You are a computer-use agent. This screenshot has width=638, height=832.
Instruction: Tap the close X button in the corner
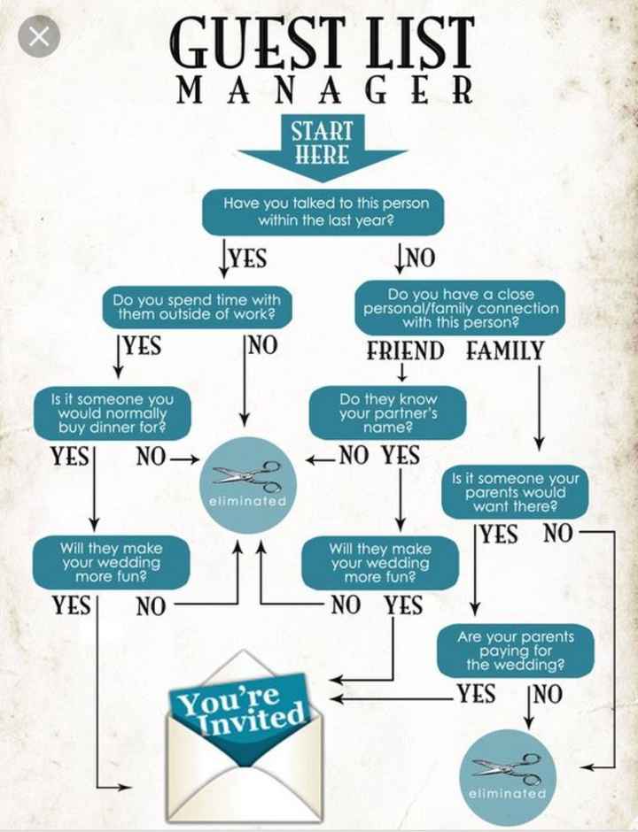tap(38, 37)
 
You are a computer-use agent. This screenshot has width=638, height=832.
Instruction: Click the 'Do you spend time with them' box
tap(197, 306)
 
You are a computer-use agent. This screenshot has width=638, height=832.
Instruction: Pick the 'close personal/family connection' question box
tap(461, 308)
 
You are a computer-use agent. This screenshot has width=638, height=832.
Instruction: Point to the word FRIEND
tap(406, 351)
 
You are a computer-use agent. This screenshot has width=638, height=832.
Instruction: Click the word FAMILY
tap(505, 351)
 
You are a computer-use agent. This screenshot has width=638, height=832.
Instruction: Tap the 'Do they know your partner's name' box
tap(387, 413)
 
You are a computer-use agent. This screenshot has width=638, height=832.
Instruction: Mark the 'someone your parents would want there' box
tap(515, 492)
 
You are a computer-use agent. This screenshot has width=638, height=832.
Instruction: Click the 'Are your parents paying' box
tap(515, 650)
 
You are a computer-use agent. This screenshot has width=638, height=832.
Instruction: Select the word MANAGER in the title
tap(324, 90)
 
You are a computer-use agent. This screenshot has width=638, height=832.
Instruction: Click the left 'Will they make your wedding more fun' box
tap(111, 562)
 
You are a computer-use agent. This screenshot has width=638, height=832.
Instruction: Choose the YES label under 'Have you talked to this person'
tap(247, 258)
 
